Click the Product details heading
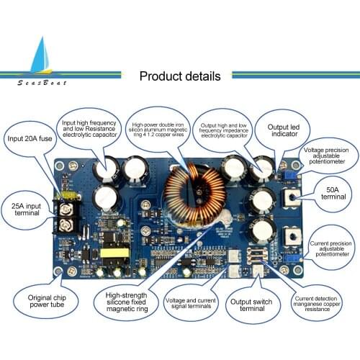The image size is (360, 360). coord(179,76)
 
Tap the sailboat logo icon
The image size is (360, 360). coord(35,57)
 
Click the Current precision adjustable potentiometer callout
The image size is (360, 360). coord(332,249)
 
